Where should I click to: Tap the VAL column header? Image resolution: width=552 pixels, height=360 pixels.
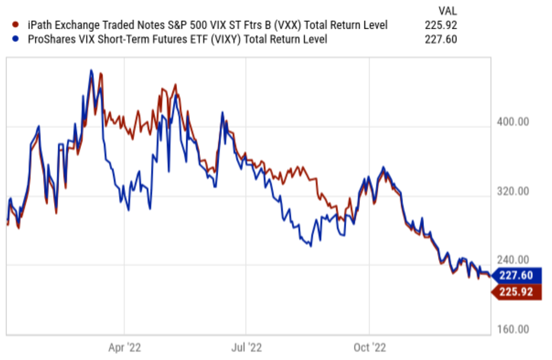[x=448, y=10]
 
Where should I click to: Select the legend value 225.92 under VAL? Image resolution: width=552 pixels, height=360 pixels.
[x=441, y=25]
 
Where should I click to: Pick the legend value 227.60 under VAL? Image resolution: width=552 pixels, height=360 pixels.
[x=441, y=39]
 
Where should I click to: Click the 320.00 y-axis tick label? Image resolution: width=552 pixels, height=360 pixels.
[x=513, y=192]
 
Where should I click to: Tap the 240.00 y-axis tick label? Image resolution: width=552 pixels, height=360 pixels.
[x=513, y=260]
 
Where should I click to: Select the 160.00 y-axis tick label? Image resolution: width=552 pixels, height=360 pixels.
[x=513, y=329]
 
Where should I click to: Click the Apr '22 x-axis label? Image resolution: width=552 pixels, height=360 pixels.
[x=125, y=348]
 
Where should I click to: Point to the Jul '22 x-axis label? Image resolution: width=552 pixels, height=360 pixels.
[x=246, y=348]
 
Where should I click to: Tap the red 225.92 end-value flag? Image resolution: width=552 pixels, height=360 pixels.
[x=516, y=292]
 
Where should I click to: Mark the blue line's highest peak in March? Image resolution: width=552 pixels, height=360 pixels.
[x=91, y=70]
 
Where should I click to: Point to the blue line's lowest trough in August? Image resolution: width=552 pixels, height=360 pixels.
[x=310, y=246]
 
